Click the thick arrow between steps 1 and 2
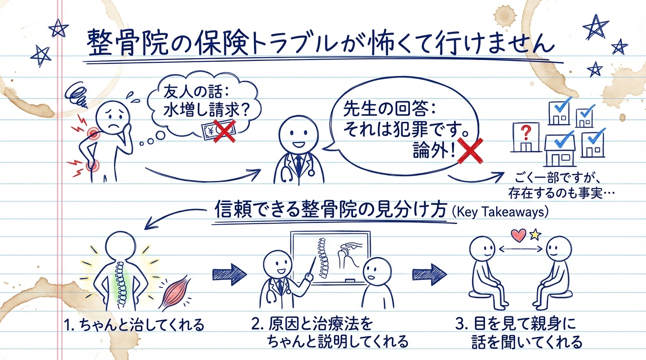pyautogui.click(x=229, y=273)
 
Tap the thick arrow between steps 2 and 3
pyautogui.click(x=429, y=273)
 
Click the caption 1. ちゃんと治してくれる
pyautogui.click(x=133, y=325)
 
